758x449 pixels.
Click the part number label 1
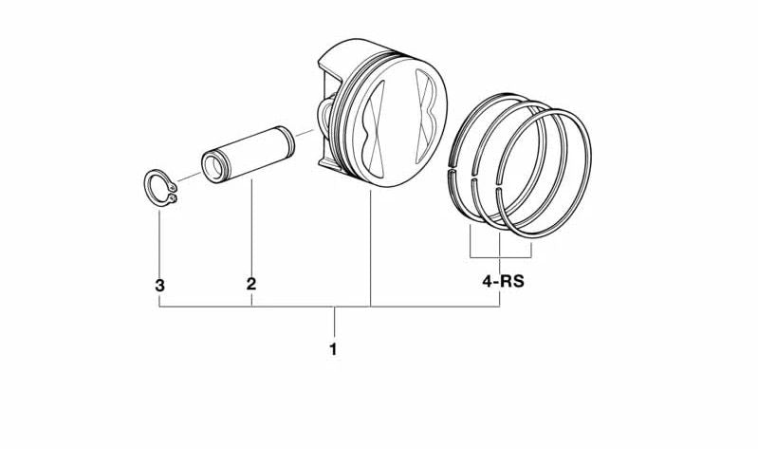pyautogui.click(x=333, y=349)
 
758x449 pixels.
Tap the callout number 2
pyautogui.click(x=250, y=284)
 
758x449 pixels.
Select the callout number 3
pyautogui.click(x=159, y=285)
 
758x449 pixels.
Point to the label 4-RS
pyautogui.click(x=503, y=282)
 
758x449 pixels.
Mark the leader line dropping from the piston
pyautogui.click(x=370, y=247)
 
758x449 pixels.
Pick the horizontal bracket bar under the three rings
pyautogui.click(x=500, y=257)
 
